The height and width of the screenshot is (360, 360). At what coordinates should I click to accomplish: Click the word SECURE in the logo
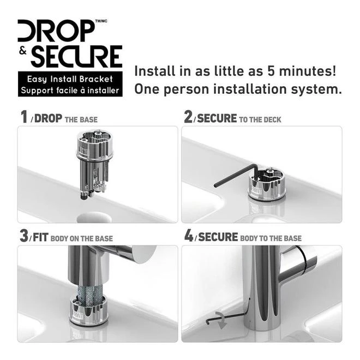pos(76,57)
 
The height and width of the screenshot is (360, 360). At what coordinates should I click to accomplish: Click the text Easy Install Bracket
pos(70,80)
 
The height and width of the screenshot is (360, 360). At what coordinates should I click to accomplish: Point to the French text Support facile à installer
pos(70,90)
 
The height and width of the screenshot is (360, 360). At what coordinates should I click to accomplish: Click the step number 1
pos(23,117)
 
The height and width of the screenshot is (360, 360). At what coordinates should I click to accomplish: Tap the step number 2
pos(188,117)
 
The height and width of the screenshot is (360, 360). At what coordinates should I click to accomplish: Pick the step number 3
pos(25,236)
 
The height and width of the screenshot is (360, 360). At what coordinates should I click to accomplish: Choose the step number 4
pos(189,236)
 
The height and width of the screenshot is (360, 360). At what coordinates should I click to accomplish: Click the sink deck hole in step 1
pos(94,217)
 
